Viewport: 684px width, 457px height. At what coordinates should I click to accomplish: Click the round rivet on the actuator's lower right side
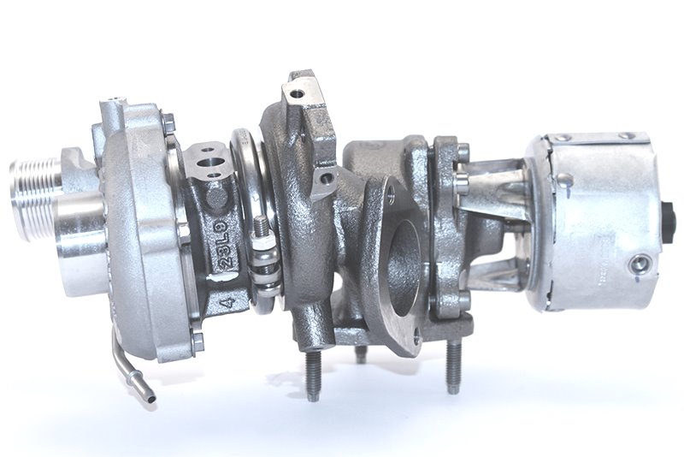636,264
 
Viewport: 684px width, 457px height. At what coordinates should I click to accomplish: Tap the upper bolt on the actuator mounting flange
463,155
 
